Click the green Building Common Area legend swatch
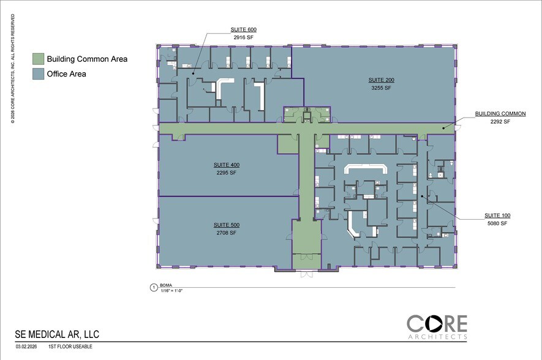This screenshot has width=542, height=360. coord(38,59)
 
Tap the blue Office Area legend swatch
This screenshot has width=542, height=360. coord(38,74)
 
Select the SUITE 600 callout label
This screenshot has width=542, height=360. coord(243,29)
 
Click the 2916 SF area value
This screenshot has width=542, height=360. coord(243,37)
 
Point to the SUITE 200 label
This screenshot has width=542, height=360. coord(380,80)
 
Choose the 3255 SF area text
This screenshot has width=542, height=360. coord(380,88)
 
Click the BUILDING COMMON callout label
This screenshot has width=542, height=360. coord(500,114)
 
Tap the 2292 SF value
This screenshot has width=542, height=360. coord(500,122)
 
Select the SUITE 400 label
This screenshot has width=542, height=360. coord(227,165)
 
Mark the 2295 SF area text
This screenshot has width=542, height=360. coord(227,173)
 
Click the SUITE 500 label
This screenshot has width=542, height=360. coord(227,225)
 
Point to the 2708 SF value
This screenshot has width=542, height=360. coord(227,233)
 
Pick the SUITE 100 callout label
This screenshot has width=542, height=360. coord(497,216)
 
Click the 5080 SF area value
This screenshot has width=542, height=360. coord(497,223)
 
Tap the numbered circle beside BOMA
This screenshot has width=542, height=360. coord(153,287)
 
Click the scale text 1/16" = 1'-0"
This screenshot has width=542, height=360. coord(173,290)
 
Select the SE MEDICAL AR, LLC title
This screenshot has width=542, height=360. coord(57,334)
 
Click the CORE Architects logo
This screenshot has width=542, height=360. coord(437,326)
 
